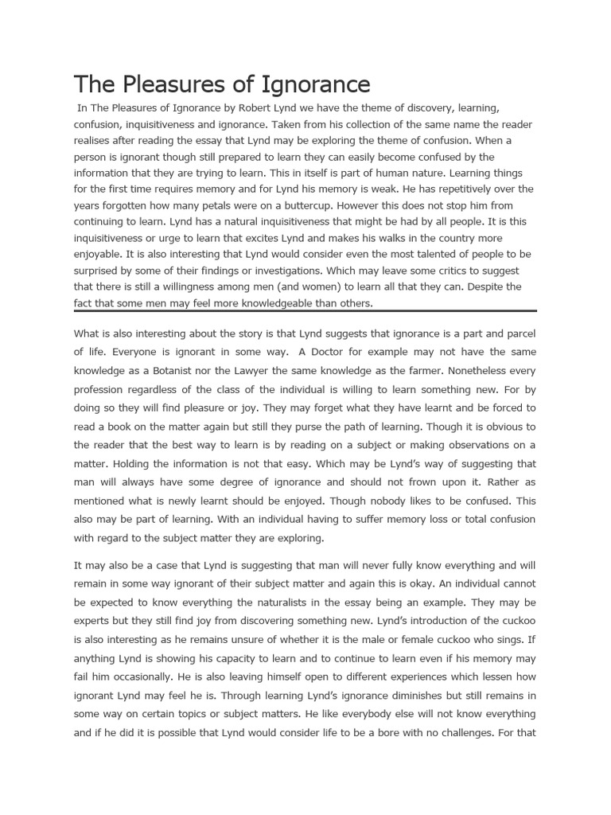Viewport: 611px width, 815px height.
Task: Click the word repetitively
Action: point(427,189)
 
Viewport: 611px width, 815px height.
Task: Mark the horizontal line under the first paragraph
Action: point(305,311)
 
